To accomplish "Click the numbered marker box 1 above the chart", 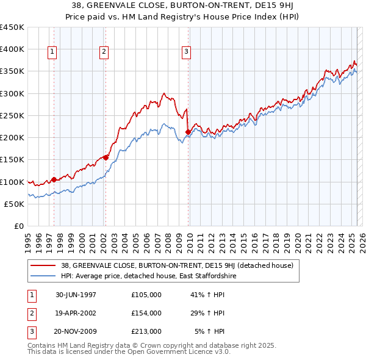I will click(x=52, y=52).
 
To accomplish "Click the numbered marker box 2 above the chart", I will click(x=104, y=52).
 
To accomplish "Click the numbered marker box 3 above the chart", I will click(x=186, y=52).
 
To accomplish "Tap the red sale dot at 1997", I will click(x=54, y=179).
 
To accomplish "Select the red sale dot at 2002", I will click(x=106, y=157).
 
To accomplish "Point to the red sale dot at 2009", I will click(x=188, y=132).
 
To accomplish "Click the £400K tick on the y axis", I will click(x=12, y=49).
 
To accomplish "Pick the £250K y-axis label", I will click(x=12, y=115).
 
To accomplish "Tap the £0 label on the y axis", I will click(x=18, y=226).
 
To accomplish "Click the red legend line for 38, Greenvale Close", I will click(x=44, y=265).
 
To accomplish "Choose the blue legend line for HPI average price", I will click(x=44, y=276).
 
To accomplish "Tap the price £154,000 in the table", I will click(x=146, y=313).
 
